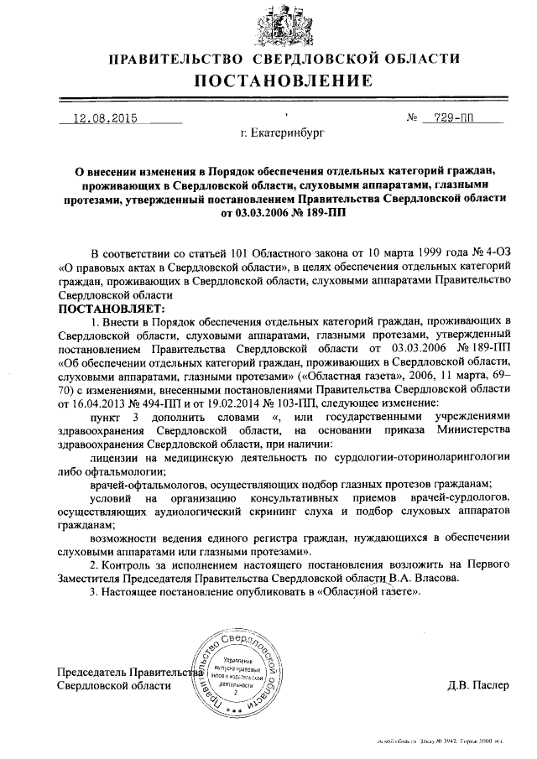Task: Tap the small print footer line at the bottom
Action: [454, 741]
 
